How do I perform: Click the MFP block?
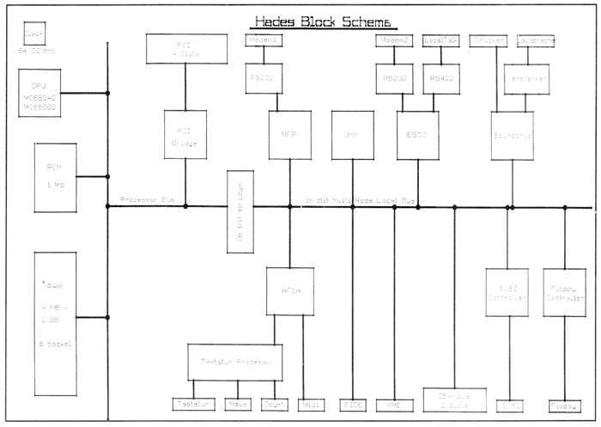point(289,135)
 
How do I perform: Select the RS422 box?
point(440,78)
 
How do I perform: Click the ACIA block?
point(289,291)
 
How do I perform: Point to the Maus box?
point(237,404)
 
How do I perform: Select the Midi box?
point(309,404)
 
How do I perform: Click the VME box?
point(395,404)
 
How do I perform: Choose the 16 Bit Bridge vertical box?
point(238,212)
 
